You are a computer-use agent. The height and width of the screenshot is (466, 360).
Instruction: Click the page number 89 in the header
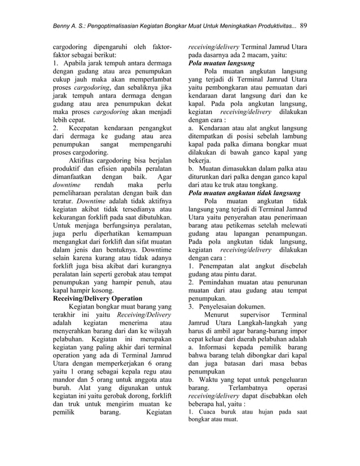304,25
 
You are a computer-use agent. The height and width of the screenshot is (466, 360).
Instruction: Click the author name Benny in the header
61,25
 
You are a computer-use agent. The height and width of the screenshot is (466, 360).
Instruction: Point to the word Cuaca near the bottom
208,412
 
